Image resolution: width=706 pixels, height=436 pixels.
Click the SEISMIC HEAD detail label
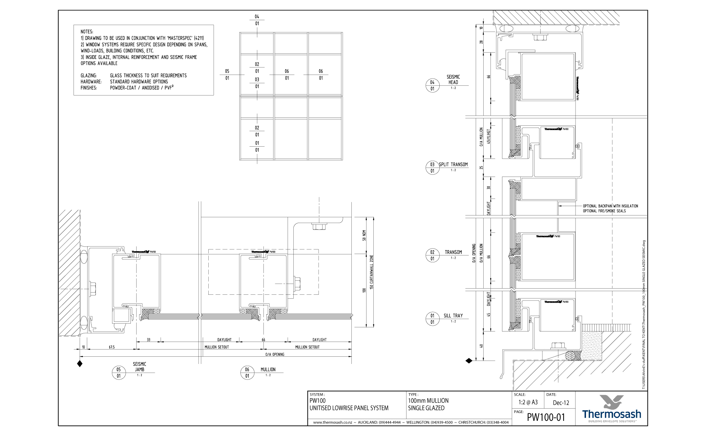click(x=453, y=79)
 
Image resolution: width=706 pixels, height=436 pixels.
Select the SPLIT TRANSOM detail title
click(x=453, y=164)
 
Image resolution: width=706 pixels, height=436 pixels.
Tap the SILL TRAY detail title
click(x=453, y=316)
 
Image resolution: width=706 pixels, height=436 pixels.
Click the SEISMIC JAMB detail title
click(x=139, y=367)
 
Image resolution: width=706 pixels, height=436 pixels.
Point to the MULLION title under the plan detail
click(x=268, y=369)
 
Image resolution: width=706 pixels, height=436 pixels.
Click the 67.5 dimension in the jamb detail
click(x=112, y=347)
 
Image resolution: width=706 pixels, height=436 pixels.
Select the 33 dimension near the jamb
click(x=148, y=339)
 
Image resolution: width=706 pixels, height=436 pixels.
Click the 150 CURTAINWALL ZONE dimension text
click(x=372, y=272)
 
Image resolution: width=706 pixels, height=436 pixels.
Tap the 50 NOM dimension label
click(x=364, y=235)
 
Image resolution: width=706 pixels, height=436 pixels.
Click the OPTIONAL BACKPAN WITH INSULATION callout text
click(x=610, y=206)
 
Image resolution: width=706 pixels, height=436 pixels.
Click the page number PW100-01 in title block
click(x=546, y=417)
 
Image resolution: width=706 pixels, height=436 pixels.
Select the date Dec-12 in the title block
click(x=561, y=402)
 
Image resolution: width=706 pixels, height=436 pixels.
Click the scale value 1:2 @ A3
click(x=528, y=402)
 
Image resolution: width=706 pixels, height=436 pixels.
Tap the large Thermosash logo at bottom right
click(x=612, y=409)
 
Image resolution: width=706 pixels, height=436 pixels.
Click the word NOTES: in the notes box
click(x=87, y=32)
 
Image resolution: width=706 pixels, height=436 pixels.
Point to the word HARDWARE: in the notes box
click(x=91, y=82)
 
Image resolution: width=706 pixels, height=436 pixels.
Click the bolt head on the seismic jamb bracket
click(x=92, y=289)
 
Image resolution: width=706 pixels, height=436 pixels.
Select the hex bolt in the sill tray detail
click(x=558, y=346)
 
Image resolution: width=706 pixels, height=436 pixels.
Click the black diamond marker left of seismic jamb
click(x=80, y=364)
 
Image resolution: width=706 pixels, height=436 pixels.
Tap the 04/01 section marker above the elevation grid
click(x=257, y=20)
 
